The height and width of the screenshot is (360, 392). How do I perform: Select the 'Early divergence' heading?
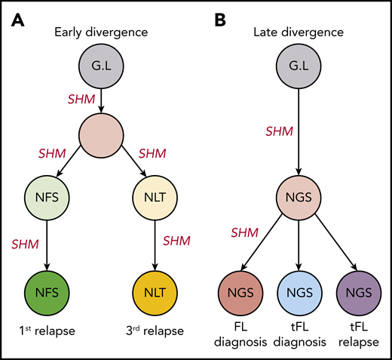click(101, 32)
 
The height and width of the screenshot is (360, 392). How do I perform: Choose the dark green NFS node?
click(47, 290)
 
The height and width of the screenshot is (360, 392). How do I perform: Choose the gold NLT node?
click(155, 290)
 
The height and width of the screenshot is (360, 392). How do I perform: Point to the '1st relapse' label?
click(47, 331)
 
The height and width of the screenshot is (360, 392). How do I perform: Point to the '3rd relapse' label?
click(155, 331)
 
